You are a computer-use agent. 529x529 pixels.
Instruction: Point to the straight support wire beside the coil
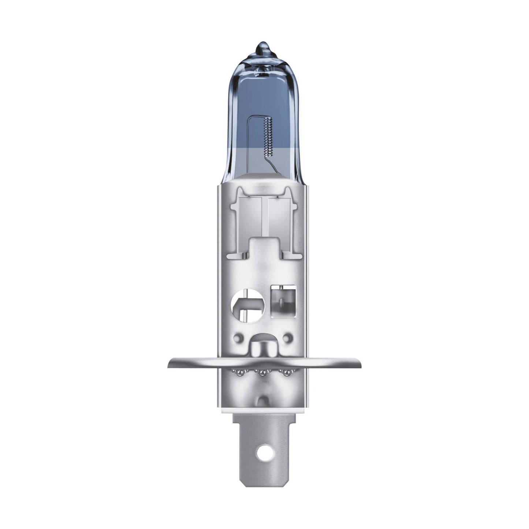click(x=250, y=139)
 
